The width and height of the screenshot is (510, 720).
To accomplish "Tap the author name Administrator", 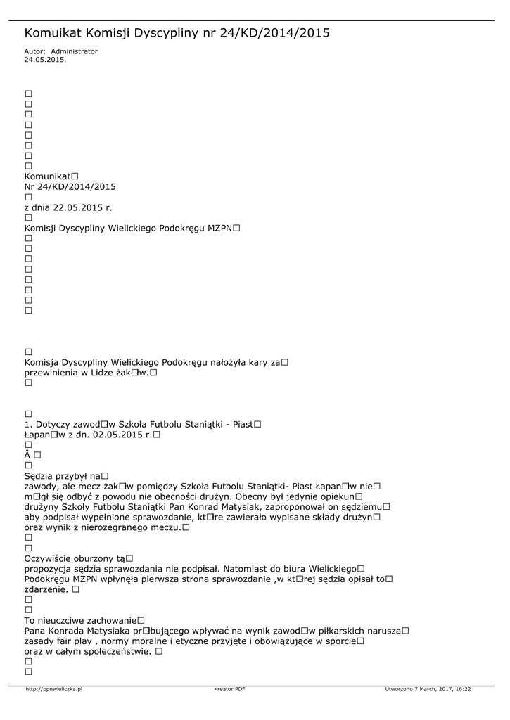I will pyautogui.click(x=75, y=51).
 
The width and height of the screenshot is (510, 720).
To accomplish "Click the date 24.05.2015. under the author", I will pyautogui.click(x=45, y=60).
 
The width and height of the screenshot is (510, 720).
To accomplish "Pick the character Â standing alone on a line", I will pyautogui.click(x=28, y=456).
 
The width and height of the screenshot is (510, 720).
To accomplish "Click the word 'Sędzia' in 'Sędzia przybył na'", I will pyautogui.click(x=39, y=476).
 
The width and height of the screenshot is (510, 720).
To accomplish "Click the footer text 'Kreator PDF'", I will pyautogui.click(x=229, y=689).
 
